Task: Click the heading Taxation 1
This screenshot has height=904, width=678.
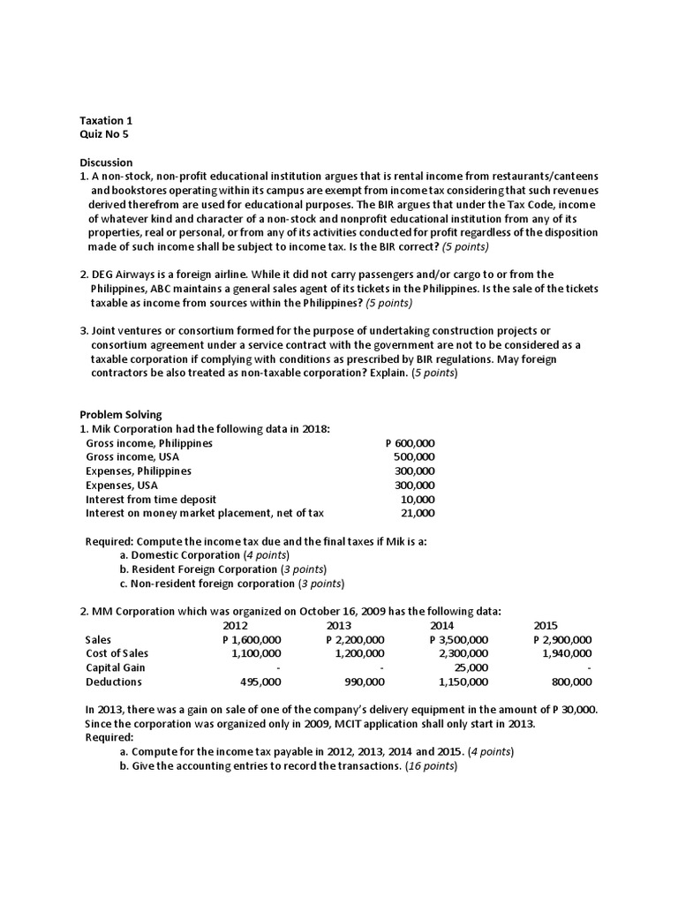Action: point(106,121)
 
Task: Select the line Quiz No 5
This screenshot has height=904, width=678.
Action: point(103,135)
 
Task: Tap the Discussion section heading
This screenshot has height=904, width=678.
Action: point(106,162)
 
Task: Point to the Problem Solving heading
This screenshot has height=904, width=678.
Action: point(121,415)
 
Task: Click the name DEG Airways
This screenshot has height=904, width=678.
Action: point(126,275)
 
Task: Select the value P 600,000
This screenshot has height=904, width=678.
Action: point(411,443)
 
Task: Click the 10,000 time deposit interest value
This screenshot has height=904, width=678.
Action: point(418,499)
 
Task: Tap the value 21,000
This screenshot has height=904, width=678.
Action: point(418,513)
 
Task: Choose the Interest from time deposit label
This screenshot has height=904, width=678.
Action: point(151,499)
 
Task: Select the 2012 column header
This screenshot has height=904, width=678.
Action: point(236,625)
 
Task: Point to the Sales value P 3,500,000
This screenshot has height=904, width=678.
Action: point(458,639)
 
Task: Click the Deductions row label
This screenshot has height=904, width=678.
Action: point(113,682)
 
